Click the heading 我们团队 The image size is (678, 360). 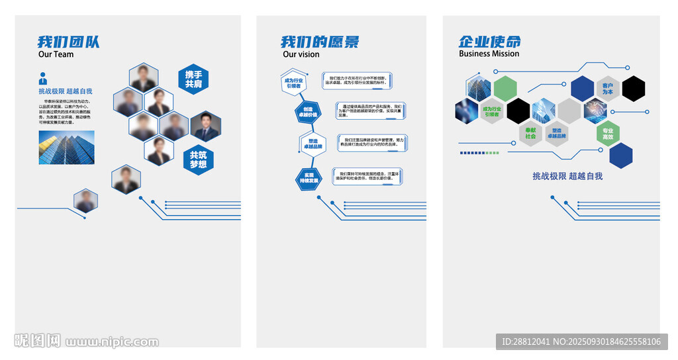tap(68, 42)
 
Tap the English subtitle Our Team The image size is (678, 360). tap(56, 54)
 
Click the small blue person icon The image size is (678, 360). tap(43, 77)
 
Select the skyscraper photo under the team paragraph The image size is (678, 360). tap(66, 147)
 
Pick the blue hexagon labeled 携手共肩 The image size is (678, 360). tap(193, 79)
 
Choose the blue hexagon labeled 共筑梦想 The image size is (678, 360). tap(198, 159)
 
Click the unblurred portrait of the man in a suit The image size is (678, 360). tap(205, 126)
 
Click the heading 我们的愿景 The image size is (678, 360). tap(320, 42)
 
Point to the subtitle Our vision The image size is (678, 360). tap(301, 54)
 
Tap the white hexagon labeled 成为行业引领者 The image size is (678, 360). tap(293, 83)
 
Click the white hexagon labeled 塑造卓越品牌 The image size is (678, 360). tap(312, 144)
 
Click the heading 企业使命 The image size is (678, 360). tap(490, 41)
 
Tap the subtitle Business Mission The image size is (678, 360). tap(489, 54)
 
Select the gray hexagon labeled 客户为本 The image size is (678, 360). tap(608, 89)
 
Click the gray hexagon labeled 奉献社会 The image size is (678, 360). tap(530, 133)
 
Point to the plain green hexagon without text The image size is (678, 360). tap(505, 89)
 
